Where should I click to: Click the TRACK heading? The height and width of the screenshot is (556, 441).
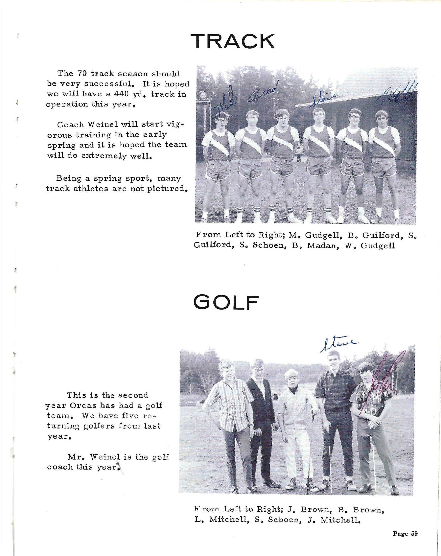click(x=233, y=41)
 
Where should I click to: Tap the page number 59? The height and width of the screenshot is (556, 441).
click(x=414, y=534)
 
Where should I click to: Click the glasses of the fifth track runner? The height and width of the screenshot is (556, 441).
click(x=355, y=117)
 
